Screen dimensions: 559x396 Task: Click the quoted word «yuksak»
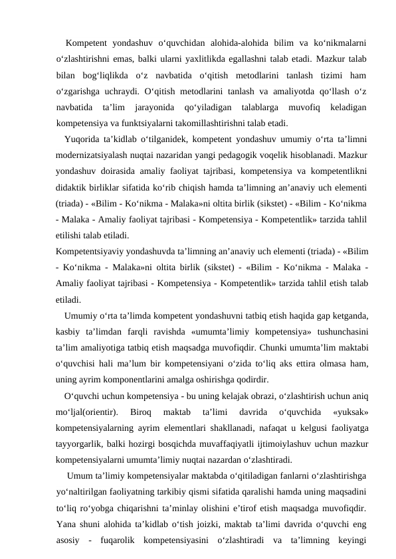point(348,412)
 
